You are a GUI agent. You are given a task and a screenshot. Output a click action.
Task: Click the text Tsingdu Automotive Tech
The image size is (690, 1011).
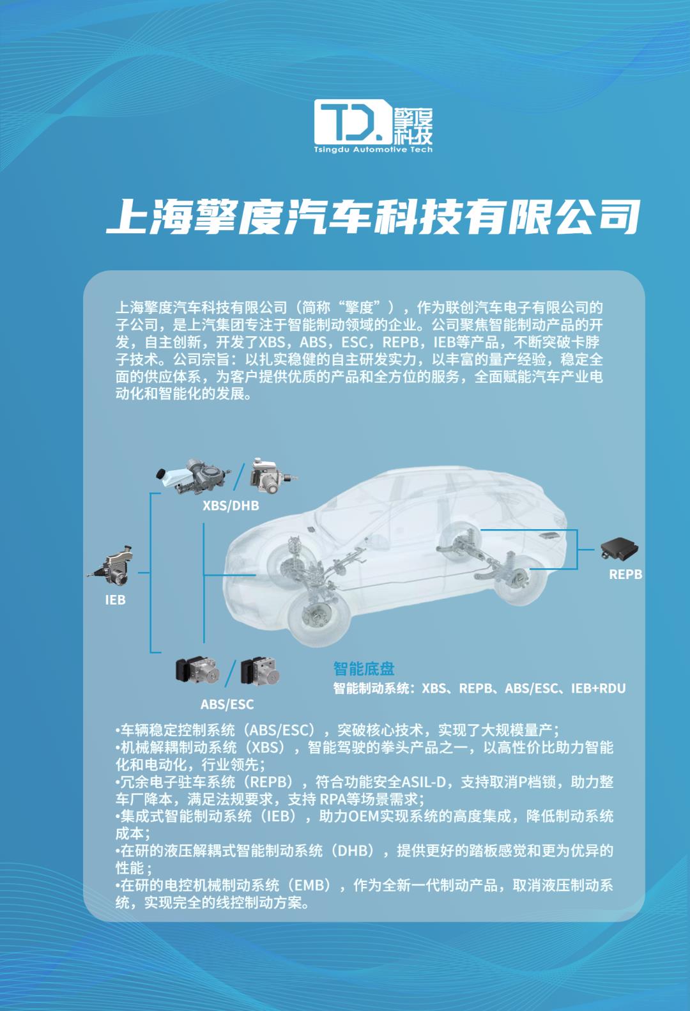[x=373, y=150]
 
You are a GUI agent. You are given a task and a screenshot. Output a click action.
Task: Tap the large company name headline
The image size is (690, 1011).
[x=373, y=217]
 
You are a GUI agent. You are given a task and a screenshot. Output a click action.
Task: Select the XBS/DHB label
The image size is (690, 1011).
[x=231, y=505]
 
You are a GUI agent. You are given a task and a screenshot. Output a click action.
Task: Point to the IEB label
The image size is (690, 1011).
[x=115, y=600]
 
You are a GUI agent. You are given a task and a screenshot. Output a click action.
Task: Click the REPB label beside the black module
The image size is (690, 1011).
[x=625, y=575]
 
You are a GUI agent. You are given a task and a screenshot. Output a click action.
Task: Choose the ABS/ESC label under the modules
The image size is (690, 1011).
[x=227, y=704]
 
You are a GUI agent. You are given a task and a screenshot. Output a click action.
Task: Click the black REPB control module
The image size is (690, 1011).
[x=619, y=549]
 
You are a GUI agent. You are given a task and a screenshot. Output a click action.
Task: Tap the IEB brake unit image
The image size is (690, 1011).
[x=111, y=566]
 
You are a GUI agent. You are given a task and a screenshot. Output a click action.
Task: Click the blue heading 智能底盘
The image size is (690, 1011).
[x=364, y=668]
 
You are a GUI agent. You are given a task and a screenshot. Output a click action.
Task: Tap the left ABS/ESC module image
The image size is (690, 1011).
[x=197, y=671]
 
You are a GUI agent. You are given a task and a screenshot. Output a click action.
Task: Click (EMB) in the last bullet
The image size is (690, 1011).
[x=312, y=885]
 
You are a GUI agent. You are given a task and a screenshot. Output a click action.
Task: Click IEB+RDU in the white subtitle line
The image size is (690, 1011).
[x=598, y=688]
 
